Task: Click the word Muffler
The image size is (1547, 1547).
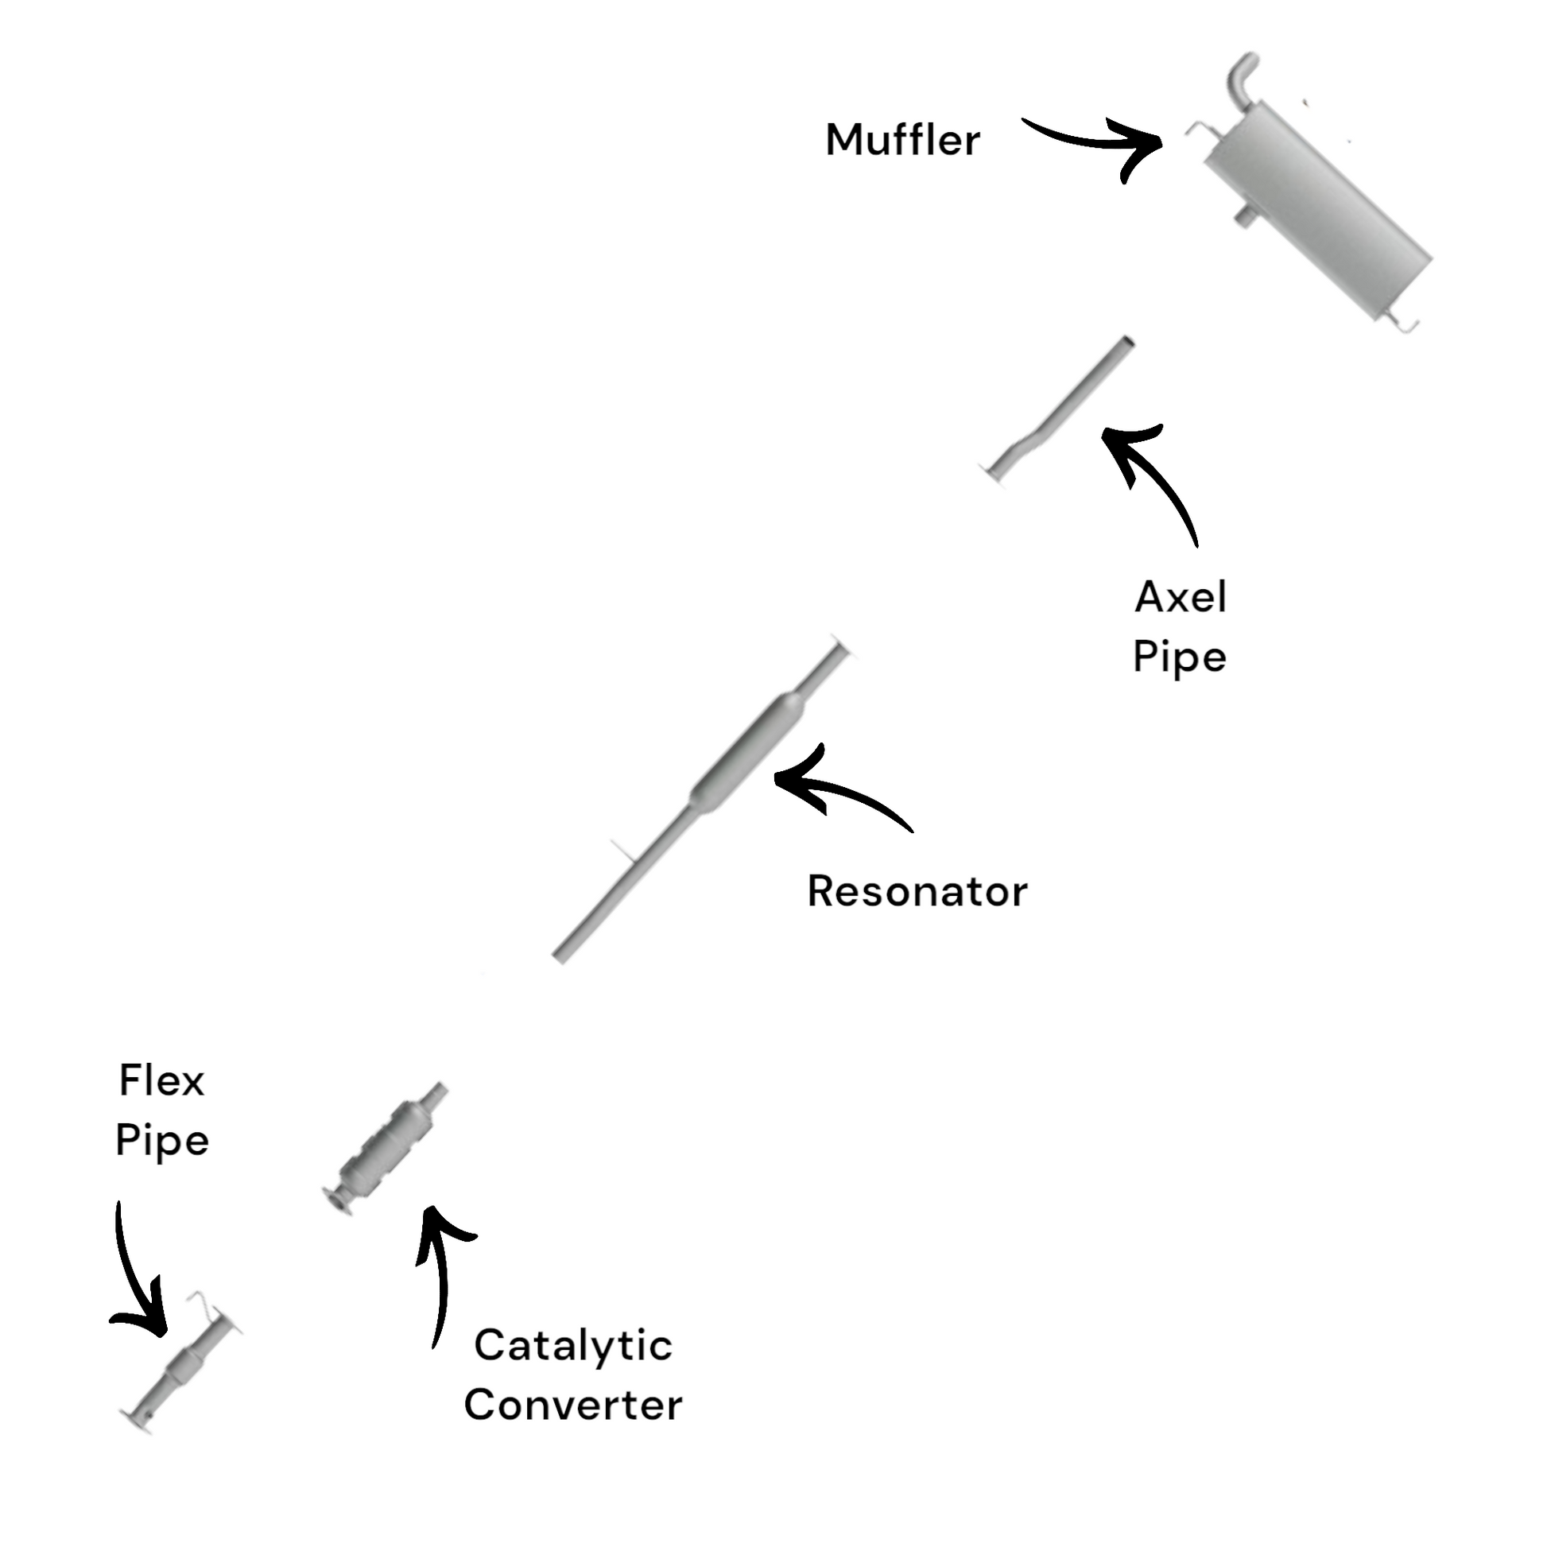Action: pos(902,141)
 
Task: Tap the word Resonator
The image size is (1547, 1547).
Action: pos(917,892)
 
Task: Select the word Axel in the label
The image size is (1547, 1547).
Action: pos(1181,597)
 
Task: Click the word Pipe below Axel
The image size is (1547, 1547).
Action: pos(1180,659)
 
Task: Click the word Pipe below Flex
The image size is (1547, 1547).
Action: pos(161,1142)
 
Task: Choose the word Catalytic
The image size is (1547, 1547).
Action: pos(572,1345)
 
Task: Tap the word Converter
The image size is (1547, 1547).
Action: pos(572,1406)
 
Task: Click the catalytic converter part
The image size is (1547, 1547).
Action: pos(382,1153)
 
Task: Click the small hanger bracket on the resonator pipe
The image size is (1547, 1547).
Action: pos(624,851)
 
